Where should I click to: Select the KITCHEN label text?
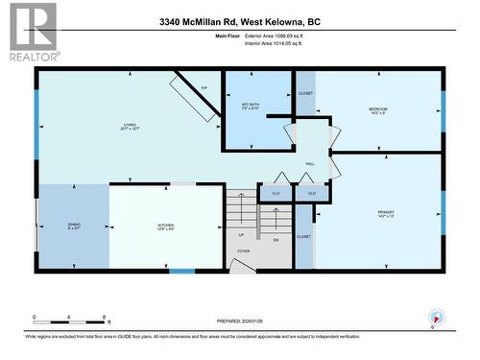166,226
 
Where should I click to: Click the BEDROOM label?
378,110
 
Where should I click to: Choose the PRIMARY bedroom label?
386,213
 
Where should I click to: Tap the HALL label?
310,164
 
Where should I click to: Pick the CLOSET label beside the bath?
305,93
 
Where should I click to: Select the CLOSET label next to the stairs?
303,236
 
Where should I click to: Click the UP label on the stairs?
241,234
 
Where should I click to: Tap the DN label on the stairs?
276,239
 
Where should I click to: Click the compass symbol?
437,318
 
